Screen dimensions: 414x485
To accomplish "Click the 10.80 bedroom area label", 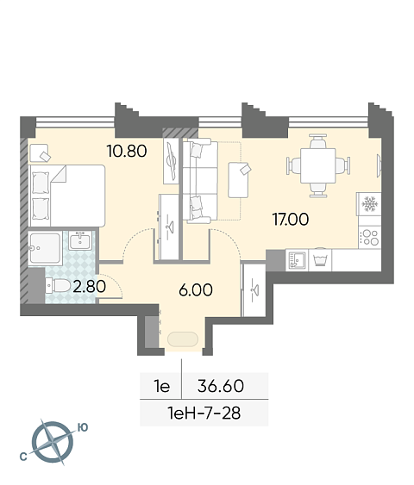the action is pos(127,152).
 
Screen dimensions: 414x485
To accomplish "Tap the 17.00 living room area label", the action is pos(291,220).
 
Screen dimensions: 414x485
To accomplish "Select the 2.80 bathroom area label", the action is pos(90,286).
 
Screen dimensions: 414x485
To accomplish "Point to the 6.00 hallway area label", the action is pos(196,290).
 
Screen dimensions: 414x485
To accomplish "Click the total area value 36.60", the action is pos(221,386).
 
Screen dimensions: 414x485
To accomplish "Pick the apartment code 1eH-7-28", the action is pos(204,413).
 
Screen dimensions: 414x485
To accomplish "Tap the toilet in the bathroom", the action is pos(58,285).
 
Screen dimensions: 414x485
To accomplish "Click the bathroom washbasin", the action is pos(80,240).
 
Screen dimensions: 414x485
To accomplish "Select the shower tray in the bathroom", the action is pos(45,248).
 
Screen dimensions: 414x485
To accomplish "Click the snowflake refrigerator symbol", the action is pos(369,204).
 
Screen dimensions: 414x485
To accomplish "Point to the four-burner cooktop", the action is pos(370,237).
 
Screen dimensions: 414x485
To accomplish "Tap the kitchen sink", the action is pos(297,260).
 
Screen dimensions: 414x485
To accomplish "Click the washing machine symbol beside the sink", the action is pos(320,260).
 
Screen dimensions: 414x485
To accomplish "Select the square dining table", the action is pos(318,165).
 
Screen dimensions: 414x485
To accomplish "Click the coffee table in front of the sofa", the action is pos(238,180).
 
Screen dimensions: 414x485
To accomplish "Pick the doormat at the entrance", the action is pos(183,339).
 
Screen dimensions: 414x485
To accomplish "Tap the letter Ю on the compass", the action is pos(82,427).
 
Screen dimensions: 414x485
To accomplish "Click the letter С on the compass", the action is pos(23,457).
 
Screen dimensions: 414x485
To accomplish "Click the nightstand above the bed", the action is pos(39,153).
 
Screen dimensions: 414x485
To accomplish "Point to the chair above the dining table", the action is pos(318,140).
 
